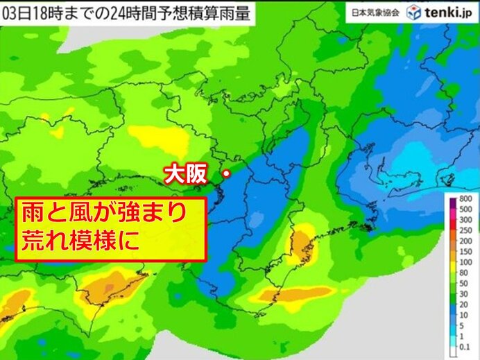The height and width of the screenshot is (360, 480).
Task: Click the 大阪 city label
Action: (x=185, y=174)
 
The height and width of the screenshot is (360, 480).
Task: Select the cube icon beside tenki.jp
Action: (x=414, y=12)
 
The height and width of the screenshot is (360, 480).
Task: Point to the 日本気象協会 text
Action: (x=374, y=13)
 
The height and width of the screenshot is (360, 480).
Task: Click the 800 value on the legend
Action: (x=465, y=200)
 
